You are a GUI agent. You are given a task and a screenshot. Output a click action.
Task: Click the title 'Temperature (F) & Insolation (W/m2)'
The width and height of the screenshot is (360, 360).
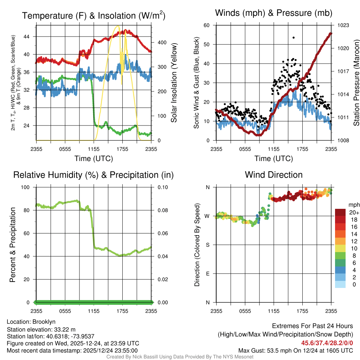94,15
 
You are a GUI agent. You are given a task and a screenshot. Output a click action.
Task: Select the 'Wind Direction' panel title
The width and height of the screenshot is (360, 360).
274,175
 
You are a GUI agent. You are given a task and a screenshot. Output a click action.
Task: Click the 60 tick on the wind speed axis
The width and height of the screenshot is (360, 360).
207,25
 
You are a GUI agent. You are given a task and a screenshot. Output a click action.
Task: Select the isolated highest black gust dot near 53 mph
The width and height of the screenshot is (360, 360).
293,38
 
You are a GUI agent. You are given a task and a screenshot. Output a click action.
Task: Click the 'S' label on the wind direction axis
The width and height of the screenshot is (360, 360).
207,245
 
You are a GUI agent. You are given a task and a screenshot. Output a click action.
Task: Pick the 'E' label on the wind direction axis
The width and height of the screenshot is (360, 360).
207,274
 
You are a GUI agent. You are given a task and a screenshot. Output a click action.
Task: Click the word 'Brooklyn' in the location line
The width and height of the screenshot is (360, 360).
44,322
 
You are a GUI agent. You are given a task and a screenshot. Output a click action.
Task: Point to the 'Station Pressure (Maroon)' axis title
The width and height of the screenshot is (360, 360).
356,83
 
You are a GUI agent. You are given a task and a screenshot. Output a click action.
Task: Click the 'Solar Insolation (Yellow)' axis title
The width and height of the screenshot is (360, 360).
174,83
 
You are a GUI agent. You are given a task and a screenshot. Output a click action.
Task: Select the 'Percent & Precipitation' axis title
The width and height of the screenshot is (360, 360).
13,245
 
